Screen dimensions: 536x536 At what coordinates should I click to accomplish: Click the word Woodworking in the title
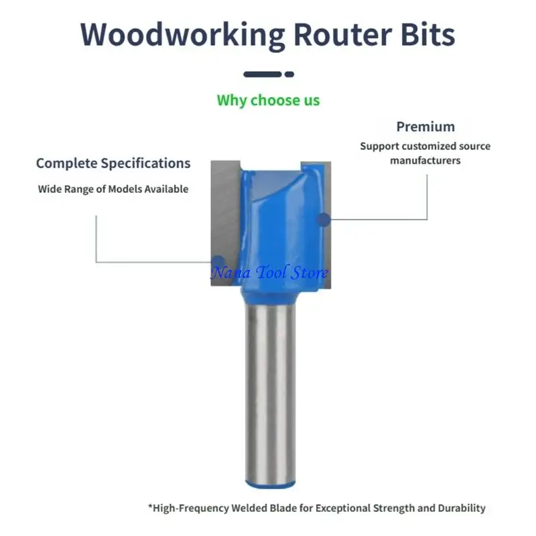[x=182, y=36]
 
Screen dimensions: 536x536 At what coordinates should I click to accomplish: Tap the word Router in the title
[x=343, y=35]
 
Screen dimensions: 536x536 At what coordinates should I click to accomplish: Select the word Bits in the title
[x=428, y=34]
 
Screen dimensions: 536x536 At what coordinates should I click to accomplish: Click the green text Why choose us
[x=269, y=100]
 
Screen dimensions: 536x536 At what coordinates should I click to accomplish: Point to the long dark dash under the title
[x=263, y=74]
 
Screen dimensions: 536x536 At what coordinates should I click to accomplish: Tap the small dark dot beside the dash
[x=289, y=74]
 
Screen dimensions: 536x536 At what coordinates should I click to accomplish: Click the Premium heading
[x=425, y=127]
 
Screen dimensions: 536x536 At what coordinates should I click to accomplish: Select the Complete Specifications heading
[x=113, y=163]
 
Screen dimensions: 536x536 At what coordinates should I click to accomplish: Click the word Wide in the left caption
[x=49, y=189]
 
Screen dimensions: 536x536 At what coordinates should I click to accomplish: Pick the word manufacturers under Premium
[x=425, y=161]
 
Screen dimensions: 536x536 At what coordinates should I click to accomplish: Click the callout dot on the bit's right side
[x=324, y=220]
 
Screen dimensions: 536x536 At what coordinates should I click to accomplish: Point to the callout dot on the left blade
[x=218, y=262]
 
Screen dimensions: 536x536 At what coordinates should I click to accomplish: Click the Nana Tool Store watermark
[x=269, y=273]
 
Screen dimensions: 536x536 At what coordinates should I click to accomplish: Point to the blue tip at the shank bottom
[x=271, y=484]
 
